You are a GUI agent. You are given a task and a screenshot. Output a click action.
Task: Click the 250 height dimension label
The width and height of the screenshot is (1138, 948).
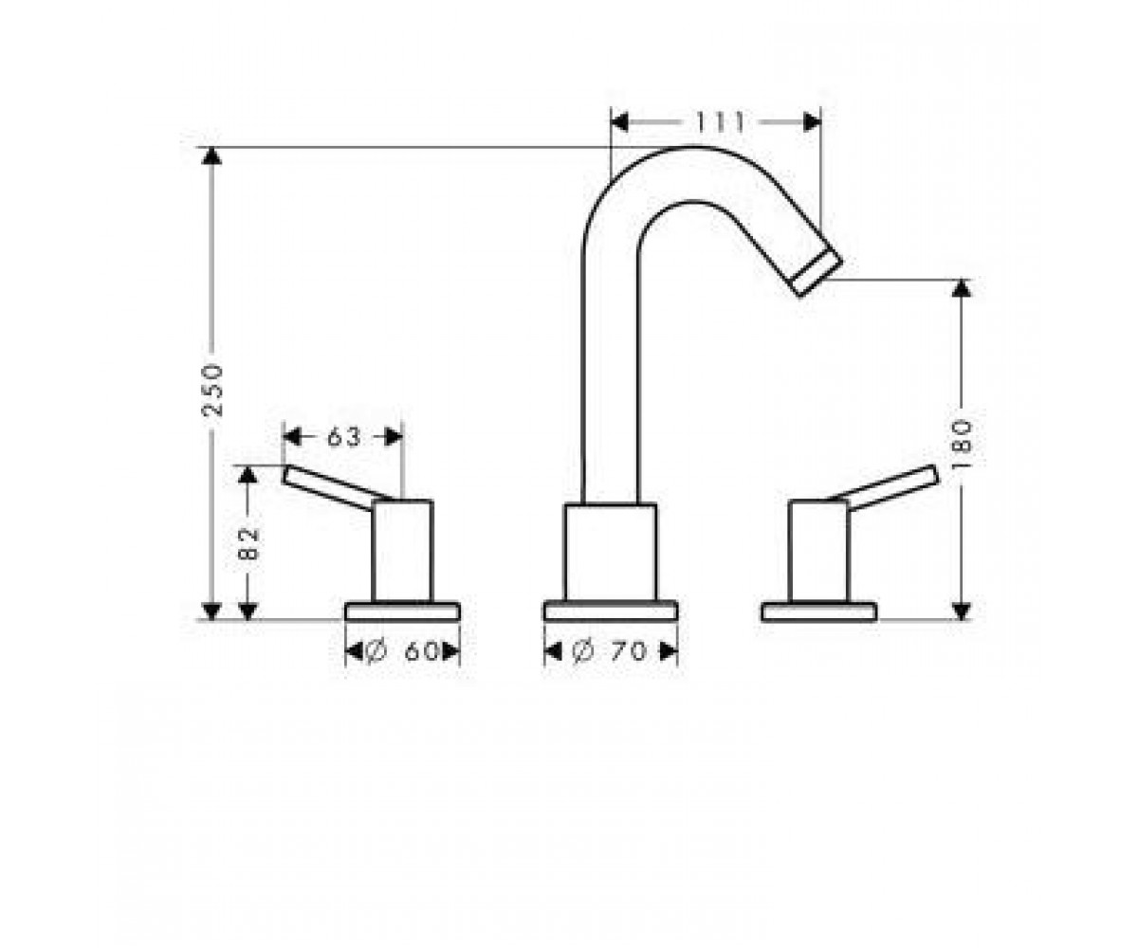pyautogui.click(x=212, y=391)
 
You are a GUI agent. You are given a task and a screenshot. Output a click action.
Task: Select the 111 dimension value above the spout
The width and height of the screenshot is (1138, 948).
pyautogui.click(x=720, y=122)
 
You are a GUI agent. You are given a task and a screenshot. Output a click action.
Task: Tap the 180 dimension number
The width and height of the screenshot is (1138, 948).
pyautogui.click(x=964, y=436)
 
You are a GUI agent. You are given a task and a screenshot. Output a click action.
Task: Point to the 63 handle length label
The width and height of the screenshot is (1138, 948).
pyautogui.click(x=344, y=437)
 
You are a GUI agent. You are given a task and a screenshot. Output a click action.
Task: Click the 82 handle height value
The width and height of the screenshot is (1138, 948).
pyautogui.click(x=248, y=544)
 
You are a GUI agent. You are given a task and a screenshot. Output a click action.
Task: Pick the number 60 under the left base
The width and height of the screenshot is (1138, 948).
pyautogui.click(x=421, y=651)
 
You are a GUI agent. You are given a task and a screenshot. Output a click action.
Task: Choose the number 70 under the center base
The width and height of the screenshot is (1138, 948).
pyautogui.click(x=629, y=650)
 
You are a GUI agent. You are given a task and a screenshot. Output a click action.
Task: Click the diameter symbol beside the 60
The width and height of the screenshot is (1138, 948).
pyautogui.click(x=376, y=651)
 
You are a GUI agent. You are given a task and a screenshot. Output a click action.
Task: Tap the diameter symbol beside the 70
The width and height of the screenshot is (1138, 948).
pyautogui.click(x=582, y=650)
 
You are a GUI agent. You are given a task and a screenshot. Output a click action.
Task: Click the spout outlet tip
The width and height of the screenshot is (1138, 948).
pyautogui.click(x=817, y=275)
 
